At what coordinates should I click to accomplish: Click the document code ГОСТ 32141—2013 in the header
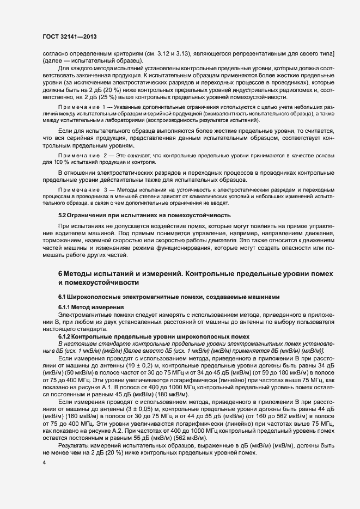[69, 36]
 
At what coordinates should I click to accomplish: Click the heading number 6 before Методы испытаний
[60, 273]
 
